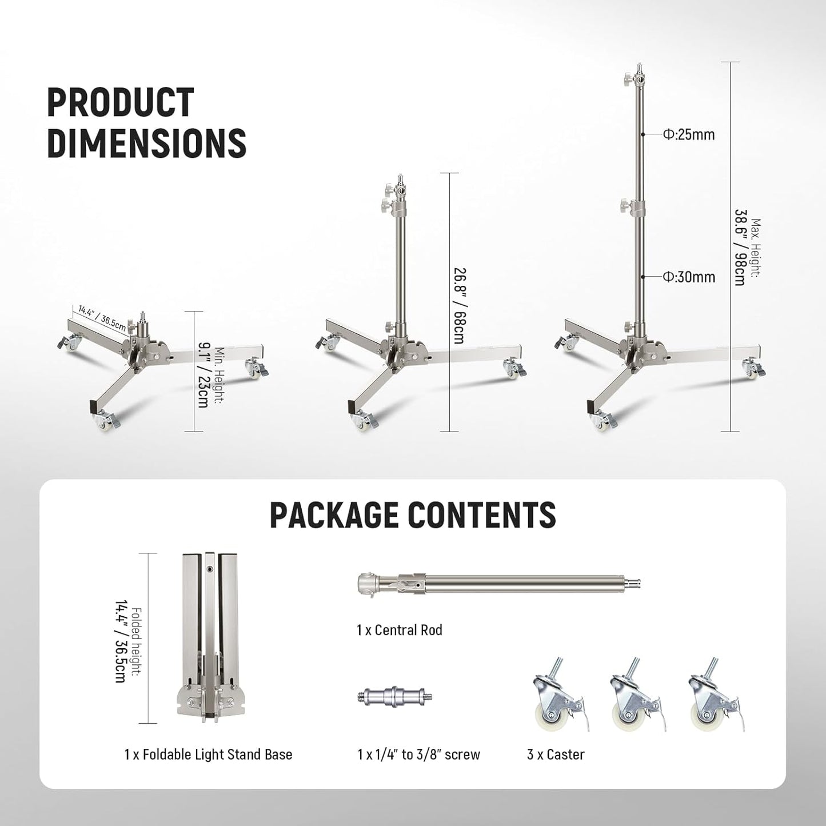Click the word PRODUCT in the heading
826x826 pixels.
point(120,102)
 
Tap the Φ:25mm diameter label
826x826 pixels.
point(689,135)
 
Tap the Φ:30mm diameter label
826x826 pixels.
point(689,277)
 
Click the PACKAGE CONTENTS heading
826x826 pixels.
point(412,514)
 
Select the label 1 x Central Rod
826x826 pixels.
point(399,630)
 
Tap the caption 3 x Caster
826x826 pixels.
point(556,755)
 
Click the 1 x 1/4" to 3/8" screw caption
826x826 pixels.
point(418,755)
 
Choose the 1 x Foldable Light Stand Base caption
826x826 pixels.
point(208,755)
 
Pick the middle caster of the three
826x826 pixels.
point(632,699)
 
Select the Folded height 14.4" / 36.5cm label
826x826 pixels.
point(126,637)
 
